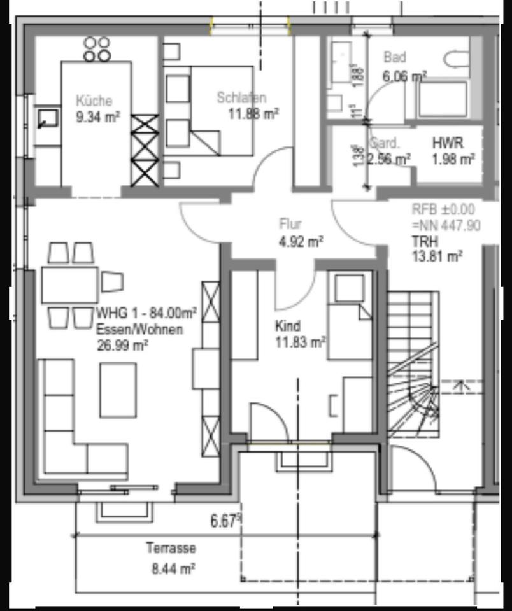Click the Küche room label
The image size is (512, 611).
94,101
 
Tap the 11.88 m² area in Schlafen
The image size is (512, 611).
253,114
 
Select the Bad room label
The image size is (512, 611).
394,58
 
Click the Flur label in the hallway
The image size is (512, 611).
290,224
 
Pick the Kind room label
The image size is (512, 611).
287,326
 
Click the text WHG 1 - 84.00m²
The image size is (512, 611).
146,313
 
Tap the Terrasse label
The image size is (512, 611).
171,548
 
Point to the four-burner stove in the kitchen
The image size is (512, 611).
97,49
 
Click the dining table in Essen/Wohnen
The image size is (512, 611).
69,284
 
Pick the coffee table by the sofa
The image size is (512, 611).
118,390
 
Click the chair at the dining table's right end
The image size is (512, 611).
112,281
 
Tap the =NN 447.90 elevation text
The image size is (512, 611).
446,225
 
